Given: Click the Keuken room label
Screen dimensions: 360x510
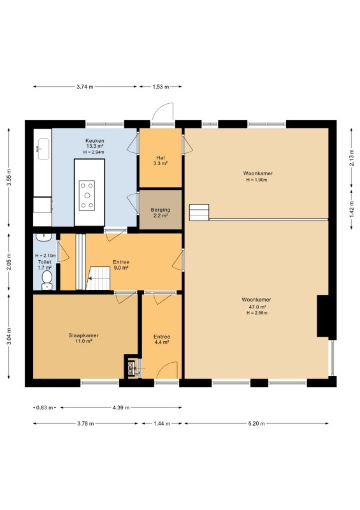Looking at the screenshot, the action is coord(95,141).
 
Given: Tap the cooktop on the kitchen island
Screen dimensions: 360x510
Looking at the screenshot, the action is coord(87,196).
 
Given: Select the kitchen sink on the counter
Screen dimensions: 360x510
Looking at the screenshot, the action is coord(43,149).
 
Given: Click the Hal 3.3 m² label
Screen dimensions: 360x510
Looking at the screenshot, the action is coord(161,161).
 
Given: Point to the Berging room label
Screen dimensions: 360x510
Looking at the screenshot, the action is coord(161,210).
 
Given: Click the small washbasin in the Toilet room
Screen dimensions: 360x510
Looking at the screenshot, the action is coord(43,237).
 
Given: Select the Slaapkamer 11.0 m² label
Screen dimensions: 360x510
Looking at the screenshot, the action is coord(83,339).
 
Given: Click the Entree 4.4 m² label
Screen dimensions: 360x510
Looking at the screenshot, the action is coord(162,339).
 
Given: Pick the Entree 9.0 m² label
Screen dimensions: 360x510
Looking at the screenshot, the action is coord(121,265).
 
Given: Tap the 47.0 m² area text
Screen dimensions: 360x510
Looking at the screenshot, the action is coord(257,307).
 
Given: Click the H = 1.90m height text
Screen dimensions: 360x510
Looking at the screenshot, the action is coord(257,180).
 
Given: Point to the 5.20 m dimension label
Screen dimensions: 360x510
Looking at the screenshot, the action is coord(256,423).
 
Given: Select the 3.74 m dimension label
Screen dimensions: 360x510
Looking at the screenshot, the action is coord(85,87).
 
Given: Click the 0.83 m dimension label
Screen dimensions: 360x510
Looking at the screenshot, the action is coord(45,407).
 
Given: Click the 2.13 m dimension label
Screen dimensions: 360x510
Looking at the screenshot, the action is coord(352,157).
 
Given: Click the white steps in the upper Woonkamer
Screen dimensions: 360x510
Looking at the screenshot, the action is coord(199,212).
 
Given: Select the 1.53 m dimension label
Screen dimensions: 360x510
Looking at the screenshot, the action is coord(161,87).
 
